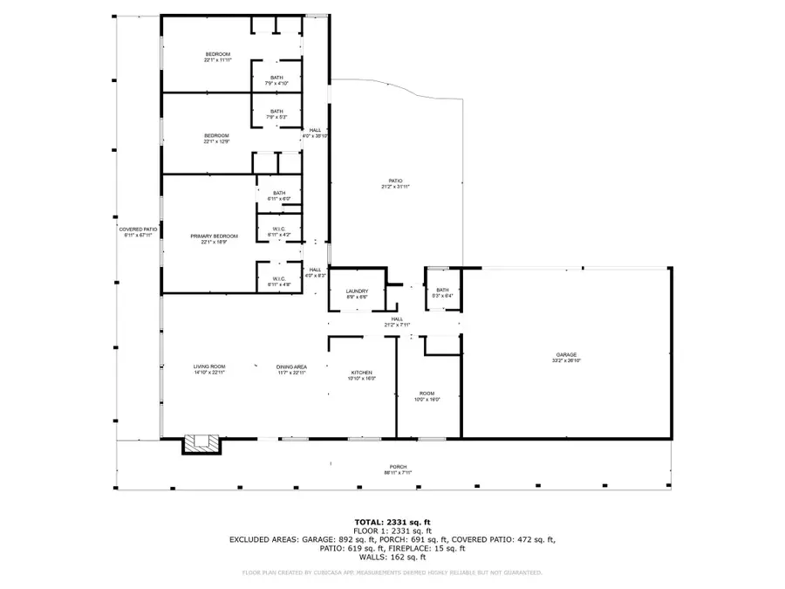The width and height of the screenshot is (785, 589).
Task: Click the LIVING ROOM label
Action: [x=209, y=369]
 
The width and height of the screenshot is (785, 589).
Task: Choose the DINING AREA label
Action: [x=291, y=369]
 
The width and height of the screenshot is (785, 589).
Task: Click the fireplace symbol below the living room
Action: [x=201, y=445]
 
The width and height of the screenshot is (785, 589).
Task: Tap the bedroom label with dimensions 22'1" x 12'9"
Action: [x=216, y=138]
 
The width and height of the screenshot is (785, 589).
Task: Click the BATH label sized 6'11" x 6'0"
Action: [x=279, y=195]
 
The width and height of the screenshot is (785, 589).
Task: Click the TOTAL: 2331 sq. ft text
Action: [x=392, y=522]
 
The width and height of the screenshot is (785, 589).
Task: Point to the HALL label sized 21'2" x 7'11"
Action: [x=397, y=322]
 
